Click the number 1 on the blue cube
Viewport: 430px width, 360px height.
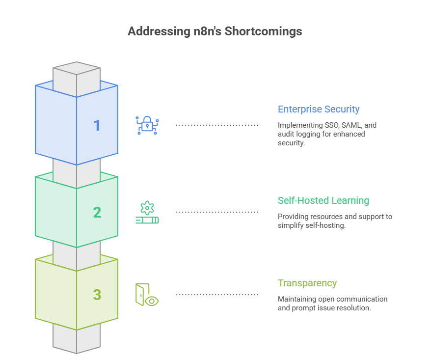click(97, 125)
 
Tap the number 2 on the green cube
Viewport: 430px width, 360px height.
click(97, 212)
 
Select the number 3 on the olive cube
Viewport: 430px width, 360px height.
click(97, 295)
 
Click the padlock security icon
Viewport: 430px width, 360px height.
click(147, 125)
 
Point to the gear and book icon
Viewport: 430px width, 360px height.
click(147, 212)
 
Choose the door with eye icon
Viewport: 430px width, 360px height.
click(147, 295)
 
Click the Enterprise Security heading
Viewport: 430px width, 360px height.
click(319, 109)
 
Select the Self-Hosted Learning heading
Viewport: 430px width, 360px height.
click(323, 200)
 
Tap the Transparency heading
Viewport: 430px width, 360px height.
click(307, 283)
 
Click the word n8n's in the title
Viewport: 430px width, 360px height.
click(207, 31)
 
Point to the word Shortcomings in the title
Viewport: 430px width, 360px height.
click(263, 31)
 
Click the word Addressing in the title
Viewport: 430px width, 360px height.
click(159, 31)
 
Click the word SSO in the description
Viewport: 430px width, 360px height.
click(331, 125)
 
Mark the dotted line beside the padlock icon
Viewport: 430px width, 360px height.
click(217, 125)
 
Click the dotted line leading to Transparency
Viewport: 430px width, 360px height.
click(217, 295)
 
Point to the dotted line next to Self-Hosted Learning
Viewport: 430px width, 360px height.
click(217, 212)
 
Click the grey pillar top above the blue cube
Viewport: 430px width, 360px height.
click(77, 68)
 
